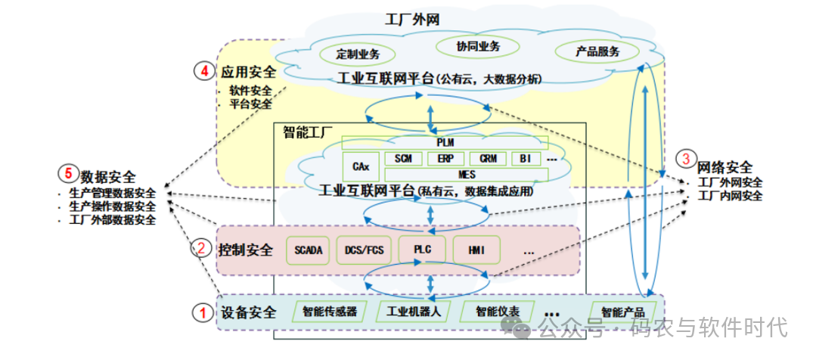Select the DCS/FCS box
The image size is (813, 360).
[x=365, y=250]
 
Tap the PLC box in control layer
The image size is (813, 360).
[x=422, y=250]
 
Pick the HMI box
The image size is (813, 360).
[x=477, y=250]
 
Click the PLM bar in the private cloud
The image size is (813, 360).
[x=445, y=142]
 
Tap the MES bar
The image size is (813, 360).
[x=467, y=175]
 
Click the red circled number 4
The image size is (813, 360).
[x=204, y=72]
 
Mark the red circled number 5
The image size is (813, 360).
[x=67, y=174]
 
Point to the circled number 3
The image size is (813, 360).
[x=685, y=159]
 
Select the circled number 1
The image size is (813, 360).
[x=201, y=312]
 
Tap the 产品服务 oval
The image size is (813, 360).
[x=597, y=51]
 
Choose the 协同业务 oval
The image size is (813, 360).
[x=478, y=46]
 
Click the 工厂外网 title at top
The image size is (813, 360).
[x=412, y=18]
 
